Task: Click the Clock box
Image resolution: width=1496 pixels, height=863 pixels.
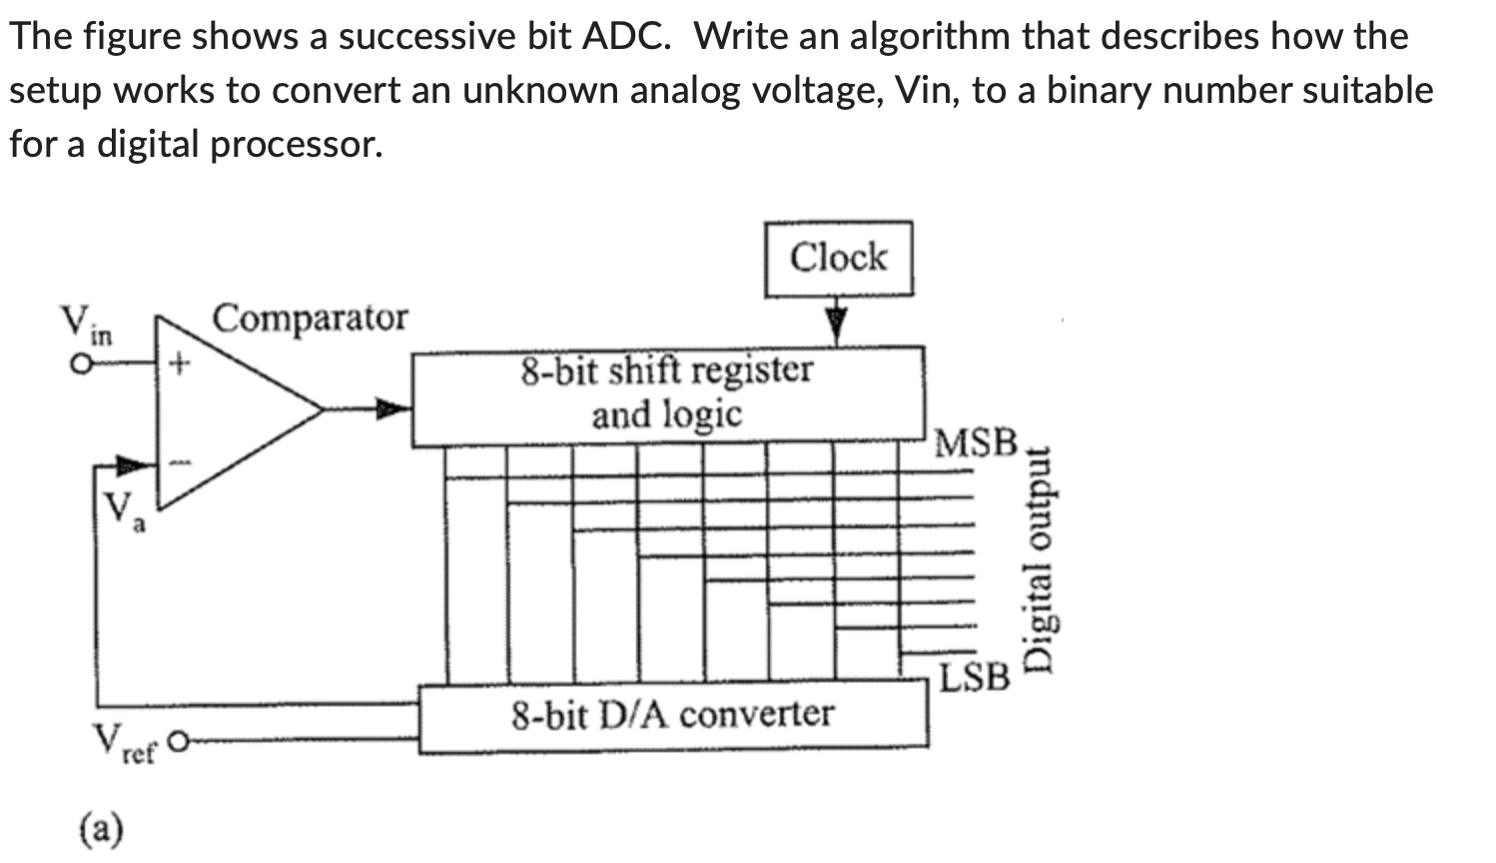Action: coord(838,259)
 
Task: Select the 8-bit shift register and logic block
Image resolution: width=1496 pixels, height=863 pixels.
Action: coord(667,395)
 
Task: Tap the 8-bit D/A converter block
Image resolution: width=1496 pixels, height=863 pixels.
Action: coord(672,715)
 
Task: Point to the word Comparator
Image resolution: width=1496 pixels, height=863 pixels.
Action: coord(311,319)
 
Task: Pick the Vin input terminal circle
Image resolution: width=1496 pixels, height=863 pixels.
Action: coord(76,366)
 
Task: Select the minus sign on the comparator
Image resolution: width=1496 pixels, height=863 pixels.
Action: coord(181,462)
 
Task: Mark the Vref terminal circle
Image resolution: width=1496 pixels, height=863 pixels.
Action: coord(178,742)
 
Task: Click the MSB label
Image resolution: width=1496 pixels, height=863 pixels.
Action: coord(976,442)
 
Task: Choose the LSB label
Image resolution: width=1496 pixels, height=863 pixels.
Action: coord(975,678)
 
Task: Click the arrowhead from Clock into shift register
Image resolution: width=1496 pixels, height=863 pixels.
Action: coord(836,325)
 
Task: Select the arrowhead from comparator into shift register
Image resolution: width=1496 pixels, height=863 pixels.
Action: coord(394,408)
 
